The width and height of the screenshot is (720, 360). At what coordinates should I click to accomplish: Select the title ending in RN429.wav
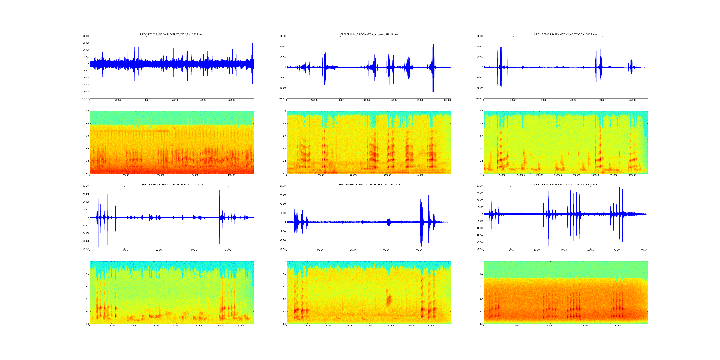[369, 34]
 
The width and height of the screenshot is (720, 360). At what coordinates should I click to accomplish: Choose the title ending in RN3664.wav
[369, 185]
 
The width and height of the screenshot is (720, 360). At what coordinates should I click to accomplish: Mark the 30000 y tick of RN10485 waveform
[479, 36]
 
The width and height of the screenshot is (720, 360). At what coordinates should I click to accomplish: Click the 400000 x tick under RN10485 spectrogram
[632, 175]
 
